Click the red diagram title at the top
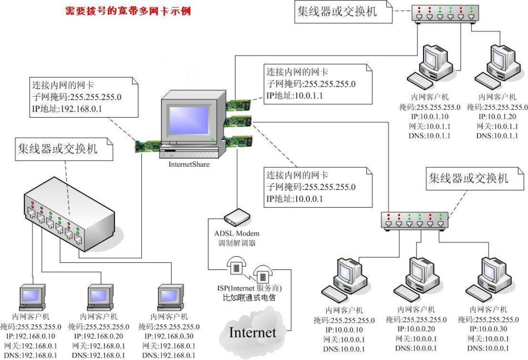128,11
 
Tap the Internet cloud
252,332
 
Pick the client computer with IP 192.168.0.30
171,297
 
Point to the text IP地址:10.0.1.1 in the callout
295,96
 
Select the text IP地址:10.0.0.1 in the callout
295,198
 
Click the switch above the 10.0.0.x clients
415,221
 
